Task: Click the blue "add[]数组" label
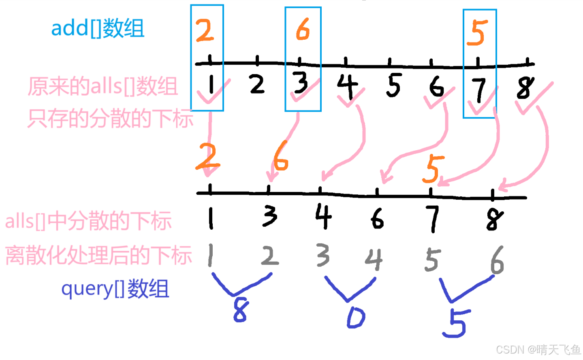point(98,28)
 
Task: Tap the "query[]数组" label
point(115,289)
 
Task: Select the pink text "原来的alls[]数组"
point(103,86)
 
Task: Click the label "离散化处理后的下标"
point(98,256)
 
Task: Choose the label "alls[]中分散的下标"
point(88,221)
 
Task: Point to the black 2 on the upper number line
point(257,84)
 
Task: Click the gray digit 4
point(374,259)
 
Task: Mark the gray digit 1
point(210,255)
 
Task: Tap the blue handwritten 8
point(241,310)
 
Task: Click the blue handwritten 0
point(356,317)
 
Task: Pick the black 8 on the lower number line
point(494,220)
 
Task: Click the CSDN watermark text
point(538,349)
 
